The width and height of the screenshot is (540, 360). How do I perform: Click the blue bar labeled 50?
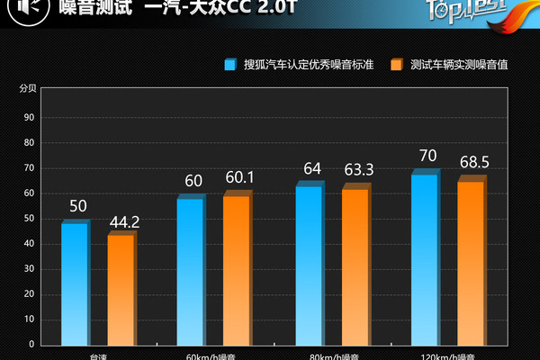pos(75,283)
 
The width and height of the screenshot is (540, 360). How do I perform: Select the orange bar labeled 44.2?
pos(121,290)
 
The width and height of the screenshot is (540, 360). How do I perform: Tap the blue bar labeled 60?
pos(190,271)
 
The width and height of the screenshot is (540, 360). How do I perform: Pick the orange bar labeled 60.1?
pos(237,270)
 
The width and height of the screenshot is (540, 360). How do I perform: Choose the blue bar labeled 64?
pos(310,265)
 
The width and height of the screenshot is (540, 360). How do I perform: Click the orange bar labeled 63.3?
pos(355,266)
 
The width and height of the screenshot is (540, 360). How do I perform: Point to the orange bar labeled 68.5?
pos(471,263)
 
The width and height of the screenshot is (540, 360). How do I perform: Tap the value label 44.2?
pos(123,220)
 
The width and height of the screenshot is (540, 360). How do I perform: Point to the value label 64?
pos(312,168)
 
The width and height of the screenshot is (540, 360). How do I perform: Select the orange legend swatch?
pos(397,65)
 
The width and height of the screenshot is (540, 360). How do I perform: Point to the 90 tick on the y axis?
pos(30,117)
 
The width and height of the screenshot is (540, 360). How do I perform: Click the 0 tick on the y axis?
pos(31,344)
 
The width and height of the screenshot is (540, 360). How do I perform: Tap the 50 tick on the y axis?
pos(30,218)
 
